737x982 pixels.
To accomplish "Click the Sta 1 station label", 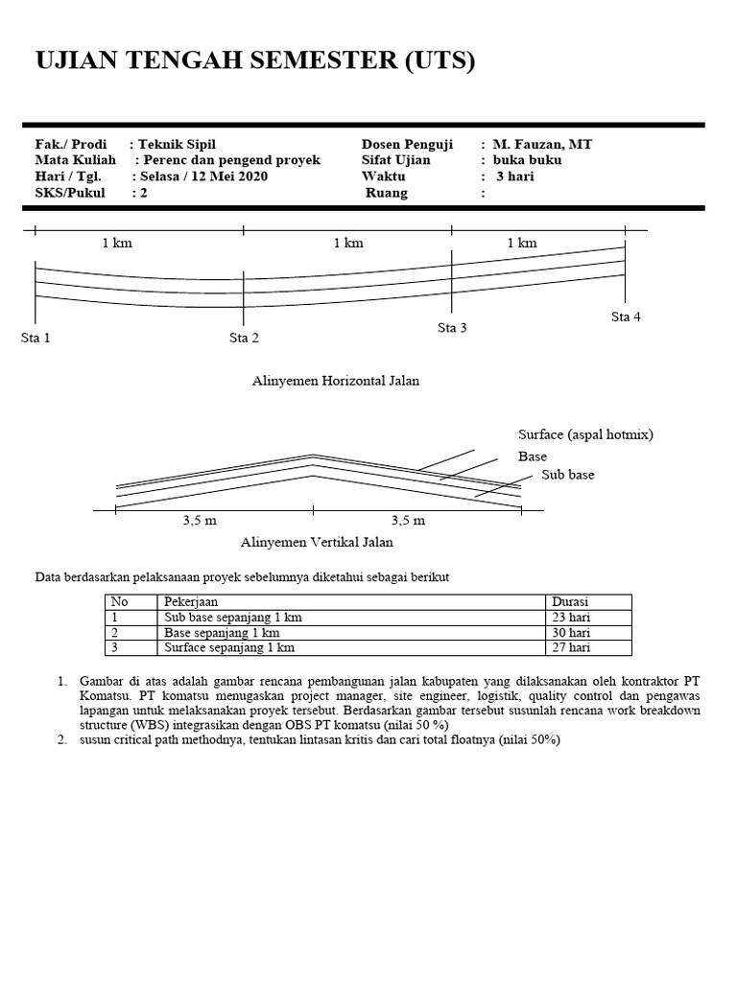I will (36, 338).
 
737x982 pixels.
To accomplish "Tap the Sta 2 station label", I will (244, 338).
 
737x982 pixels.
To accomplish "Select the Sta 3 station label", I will (452, 328).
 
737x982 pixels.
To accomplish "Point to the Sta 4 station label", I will (626, 316).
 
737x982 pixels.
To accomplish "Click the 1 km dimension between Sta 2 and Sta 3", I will (348, 244).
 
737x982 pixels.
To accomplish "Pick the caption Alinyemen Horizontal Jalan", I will (335, 381).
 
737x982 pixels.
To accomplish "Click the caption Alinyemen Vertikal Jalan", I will (316, 542).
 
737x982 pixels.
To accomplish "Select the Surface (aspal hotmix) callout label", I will (585, 434).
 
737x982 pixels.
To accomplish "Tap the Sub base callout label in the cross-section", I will (568, 475).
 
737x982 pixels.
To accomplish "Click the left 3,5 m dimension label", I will (200, 521).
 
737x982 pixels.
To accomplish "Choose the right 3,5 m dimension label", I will (407, 521).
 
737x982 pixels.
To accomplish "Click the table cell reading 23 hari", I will (572, 618).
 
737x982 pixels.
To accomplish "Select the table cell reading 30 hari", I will (572, 633).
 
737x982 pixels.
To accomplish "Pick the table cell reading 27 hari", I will (572, 648).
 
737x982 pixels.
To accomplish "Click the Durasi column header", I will (570, 602).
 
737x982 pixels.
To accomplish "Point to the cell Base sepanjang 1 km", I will (222, 633).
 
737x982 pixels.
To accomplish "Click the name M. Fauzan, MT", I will (542, 144).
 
